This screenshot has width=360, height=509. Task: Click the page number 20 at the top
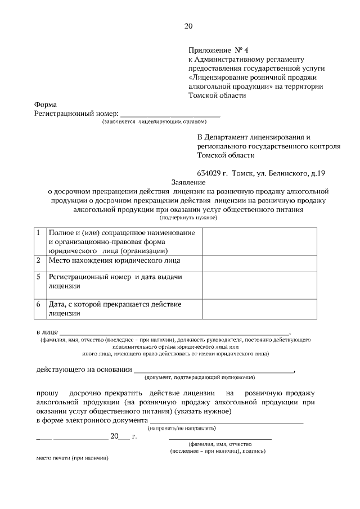188,26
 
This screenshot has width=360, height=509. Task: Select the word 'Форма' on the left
46,105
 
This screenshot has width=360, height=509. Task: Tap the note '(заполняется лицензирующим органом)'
155,121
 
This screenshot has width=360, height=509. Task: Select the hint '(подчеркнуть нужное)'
188,217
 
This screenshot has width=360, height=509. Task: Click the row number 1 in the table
38,233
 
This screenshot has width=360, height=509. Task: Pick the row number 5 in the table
38,277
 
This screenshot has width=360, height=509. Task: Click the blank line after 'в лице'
175,332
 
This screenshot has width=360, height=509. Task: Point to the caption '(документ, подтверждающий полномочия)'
200,377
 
